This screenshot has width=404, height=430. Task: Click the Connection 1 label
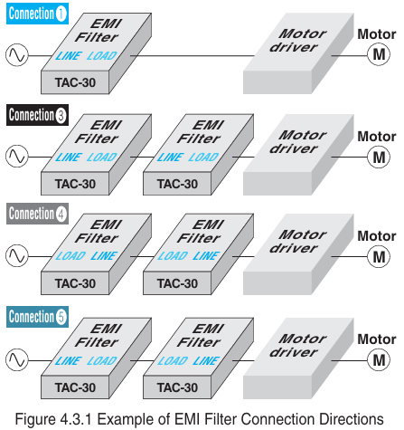(37, 14)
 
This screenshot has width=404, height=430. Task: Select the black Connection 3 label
(37, 115)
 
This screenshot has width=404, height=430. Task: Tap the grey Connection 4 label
(37, 214)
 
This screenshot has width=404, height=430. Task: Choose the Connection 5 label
(37, 317)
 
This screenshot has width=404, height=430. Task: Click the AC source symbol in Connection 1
(15, 56)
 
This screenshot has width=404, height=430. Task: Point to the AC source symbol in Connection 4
(15, 256)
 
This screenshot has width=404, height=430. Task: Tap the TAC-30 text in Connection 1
(75, 82)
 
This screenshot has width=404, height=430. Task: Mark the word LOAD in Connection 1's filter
(102, 56)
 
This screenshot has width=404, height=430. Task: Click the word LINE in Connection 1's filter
(70, 56)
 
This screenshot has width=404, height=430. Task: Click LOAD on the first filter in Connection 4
(70, 256)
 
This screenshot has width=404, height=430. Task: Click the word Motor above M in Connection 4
(376, 236)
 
